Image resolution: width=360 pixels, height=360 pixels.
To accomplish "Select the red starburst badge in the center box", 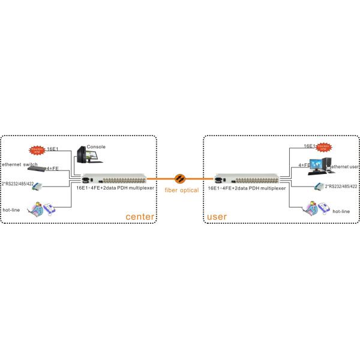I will pos(37,150).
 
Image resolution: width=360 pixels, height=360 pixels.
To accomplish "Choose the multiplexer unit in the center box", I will pos(113,178).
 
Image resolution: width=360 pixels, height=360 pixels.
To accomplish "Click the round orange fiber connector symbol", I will pos(179,178).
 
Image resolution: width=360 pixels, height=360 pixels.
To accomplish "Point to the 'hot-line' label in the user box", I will pos(341,211).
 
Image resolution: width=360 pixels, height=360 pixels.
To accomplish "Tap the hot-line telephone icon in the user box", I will pos(317,208).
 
